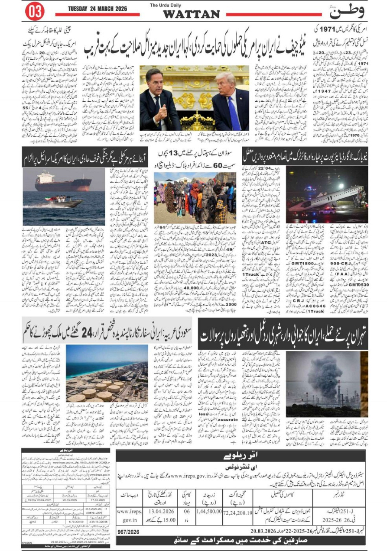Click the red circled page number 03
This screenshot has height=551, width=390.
point(35,11)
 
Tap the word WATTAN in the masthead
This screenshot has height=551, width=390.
point(191,14)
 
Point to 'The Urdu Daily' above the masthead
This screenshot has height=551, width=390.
point(166,5)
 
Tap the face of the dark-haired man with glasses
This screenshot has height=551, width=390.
point(155,80)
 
